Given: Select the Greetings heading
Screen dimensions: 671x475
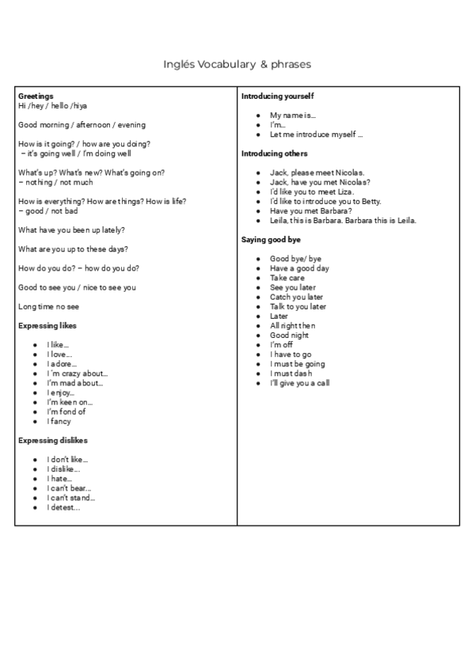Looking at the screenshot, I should tap(36, 96).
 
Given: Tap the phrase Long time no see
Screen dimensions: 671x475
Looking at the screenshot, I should tap(48, 306).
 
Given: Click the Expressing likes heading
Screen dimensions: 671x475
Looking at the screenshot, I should tap(47, 325).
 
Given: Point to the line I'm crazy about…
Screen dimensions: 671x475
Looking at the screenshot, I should tap(78, 373).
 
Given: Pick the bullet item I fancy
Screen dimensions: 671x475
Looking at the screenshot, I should tap(59, 421).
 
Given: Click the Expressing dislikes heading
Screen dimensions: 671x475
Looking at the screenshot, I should tap(52, 440).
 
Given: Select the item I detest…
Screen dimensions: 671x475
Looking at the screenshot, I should tap(63, 507).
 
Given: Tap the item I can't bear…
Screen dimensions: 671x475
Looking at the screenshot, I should tap(69, 488).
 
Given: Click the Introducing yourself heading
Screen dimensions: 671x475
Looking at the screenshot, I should tap(277, 96).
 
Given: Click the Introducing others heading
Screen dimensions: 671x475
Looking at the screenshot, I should tap(274, 154).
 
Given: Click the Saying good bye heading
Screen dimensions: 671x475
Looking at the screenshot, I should tap(270, 239).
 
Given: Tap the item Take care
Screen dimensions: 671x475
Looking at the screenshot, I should tap(287, 278).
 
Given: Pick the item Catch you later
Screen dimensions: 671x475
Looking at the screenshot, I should tap(296, 297).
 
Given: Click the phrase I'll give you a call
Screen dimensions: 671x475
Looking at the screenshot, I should tap(299, 383).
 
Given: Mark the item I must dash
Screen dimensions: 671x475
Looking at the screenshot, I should tap(291, 373).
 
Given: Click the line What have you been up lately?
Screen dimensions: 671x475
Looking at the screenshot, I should tap(71, 229).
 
